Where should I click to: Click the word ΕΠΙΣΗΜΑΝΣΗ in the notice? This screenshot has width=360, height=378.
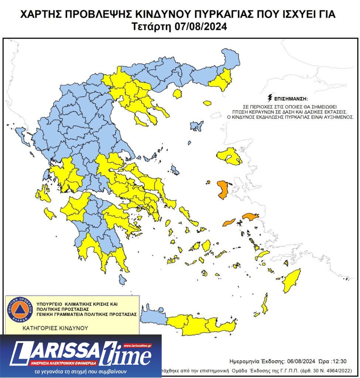[x=290, y=99]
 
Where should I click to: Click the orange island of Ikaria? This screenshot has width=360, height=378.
[x=229, y=222]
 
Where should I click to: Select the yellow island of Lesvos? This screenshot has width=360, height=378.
[x=229, y=156]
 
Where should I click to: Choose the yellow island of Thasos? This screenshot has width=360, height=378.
[x=177, y=94]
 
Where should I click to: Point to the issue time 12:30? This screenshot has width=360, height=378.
[x=339, y=361]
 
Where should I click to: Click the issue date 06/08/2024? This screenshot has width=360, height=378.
[x=299, y=361]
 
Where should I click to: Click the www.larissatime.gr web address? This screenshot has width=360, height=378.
[x=137, y=346]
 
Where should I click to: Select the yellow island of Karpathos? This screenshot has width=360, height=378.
[x=264, y=305]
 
